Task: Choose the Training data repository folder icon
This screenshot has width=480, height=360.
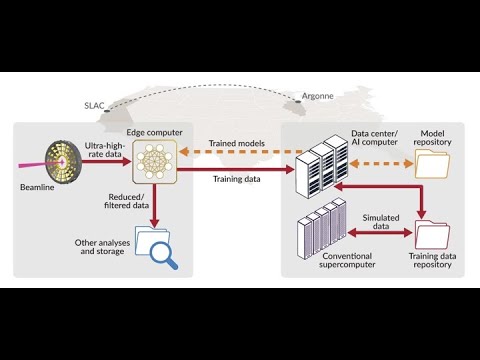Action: (x=432, y=234)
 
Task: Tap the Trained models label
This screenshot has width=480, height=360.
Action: (x=235, y=144)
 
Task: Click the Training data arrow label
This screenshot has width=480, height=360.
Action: (x=237, y=179)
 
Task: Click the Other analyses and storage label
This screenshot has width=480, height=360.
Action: (x=100, y=247)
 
